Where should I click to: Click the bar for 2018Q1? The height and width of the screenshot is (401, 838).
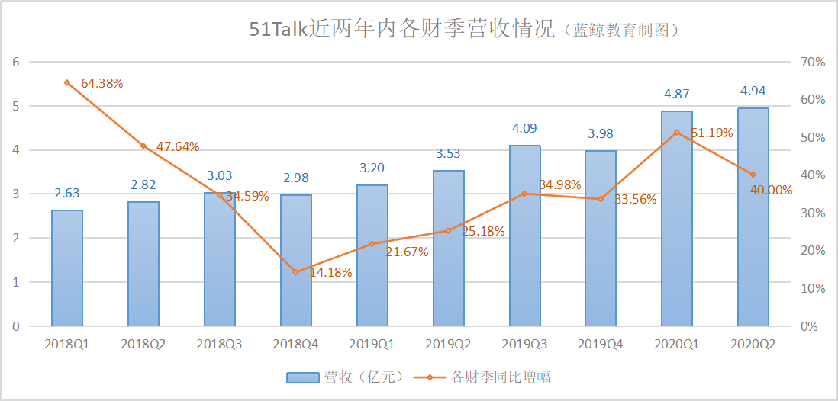tap(67, 268)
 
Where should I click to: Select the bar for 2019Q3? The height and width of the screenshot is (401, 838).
tap(524, 236)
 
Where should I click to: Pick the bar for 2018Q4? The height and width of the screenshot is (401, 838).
tap(296, 260)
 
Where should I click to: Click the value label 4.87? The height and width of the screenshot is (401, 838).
tap(677, 94)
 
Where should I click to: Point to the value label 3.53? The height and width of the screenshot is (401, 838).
tap(448, 153)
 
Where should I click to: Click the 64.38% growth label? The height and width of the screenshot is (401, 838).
tap(102, 82)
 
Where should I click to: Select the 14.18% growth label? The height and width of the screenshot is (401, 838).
tap(330, 272)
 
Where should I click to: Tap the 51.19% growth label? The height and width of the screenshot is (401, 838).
tap(711, 133)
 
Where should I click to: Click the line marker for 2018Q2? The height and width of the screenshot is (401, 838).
tap(143, 146)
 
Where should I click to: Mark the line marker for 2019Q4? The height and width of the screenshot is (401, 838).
tap(601, 199)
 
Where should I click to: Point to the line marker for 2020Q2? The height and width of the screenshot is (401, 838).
tap(753, 175)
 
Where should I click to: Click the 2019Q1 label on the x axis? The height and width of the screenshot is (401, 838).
tap(372, 345)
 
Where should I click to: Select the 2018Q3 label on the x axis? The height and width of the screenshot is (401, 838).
tap(219, 345)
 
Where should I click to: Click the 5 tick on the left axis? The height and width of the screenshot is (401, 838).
tap(15, 106)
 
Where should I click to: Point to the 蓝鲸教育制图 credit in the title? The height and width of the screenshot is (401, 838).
tap(622, 30)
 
